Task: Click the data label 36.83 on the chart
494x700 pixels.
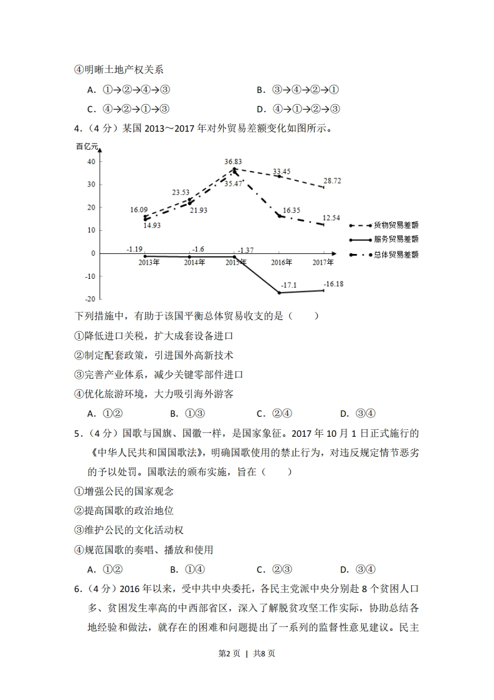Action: coord(234,162)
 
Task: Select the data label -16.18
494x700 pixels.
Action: coord(334,284)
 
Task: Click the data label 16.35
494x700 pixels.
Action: coord(292,211)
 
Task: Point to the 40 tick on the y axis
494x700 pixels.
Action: coord(91,161)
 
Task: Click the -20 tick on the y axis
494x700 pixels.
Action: coord(90,299)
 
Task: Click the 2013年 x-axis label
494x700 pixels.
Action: coord(149,263)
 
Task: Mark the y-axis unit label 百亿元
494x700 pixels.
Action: coord(88,147)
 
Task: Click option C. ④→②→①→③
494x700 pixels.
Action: coord(128,109)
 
